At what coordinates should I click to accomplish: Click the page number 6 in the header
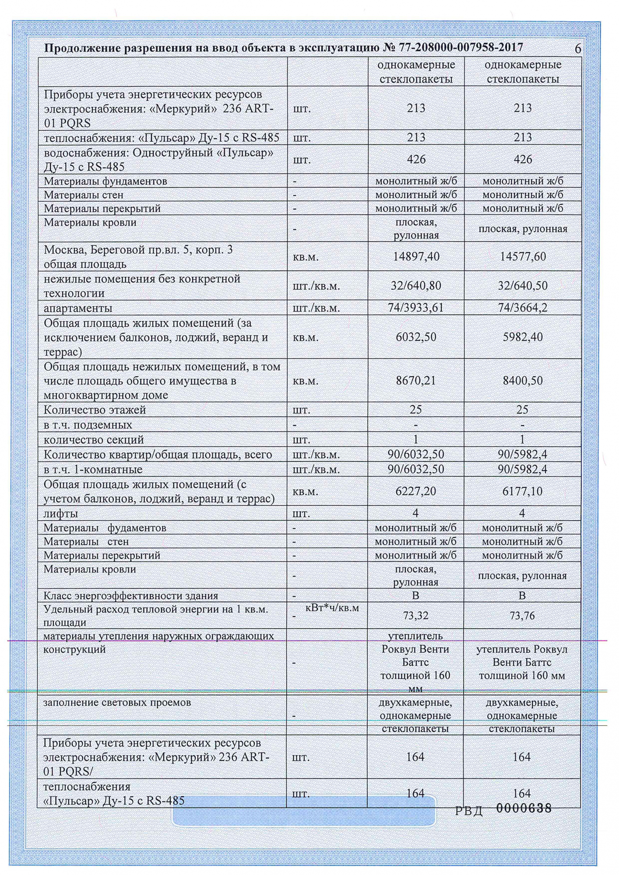[578, 49]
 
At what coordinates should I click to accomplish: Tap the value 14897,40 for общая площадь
[416, 256]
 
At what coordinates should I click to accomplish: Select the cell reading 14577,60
[523, 256]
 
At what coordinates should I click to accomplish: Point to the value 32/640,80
[416, 286]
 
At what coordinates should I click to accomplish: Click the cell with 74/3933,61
[416, 308]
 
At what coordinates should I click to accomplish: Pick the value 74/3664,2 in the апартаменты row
[523, 308]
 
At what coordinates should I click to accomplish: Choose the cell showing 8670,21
[416, 380]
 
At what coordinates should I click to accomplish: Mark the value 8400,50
[523, 380]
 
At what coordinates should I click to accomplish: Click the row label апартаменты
[78, 308]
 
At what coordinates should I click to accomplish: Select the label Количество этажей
[95, 410]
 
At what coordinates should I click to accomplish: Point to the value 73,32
[416, 616]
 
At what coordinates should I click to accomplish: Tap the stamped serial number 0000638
[524, 808]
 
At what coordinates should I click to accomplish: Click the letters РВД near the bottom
[468, 811]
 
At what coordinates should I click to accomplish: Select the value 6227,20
[416, 491]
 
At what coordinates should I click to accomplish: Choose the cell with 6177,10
[523, 491]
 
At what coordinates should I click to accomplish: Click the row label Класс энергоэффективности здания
[130, 595]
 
